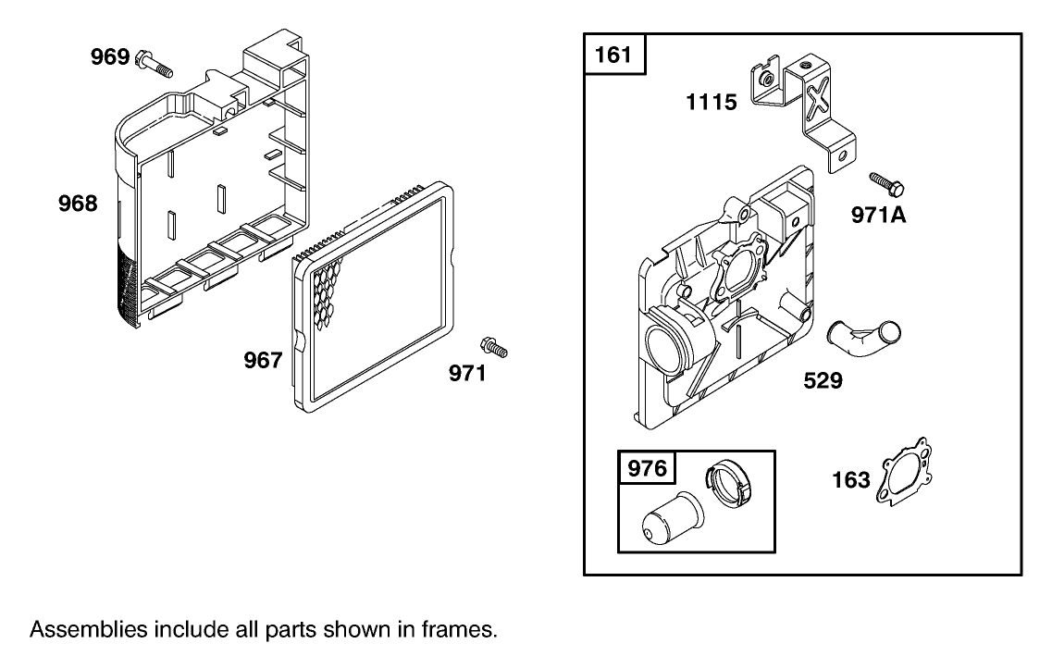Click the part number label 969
110,57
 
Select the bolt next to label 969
155,63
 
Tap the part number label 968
78,204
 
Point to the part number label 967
263,360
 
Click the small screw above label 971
494,347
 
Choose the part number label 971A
878,215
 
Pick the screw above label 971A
886,183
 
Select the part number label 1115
712,102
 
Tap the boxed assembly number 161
613,54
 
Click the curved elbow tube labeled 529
863,337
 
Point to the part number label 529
823,380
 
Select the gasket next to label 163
904,471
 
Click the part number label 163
851,479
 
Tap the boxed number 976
647,467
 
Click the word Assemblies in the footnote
89,629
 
